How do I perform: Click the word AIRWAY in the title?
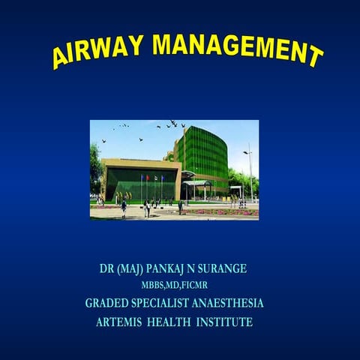coord(97,50)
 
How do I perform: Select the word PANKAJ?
coord(174,268)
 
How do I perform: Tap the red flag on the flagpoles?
coord(148,178)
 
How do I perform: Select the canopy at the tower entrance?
coord(196,182)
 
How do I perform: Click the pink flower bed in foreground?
coord(225,211)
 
